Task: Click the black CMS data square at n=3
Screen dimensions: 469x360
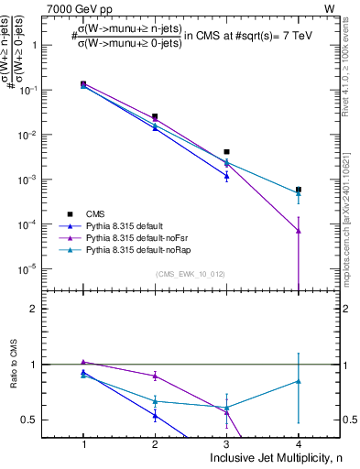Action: click(226, 152)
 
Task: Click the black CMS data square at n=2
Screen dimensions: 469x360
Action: click(155, 117)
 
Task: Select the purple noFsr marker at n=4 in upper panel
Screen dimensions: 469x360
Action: click(298, 231)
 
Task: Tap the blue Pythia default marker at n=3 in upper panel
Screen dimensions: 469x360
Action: click(226, 176)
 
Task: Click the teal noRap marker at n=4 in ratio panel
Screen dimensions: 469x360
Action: click(298, 381)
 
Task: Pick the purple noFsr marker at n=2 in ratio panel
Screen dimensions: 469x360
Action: click(155, 376)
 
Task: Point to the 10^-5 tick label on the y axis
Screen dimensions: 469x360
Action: click(48, 269)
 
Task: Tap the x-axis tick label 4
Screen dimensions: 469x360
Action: click(298, 442)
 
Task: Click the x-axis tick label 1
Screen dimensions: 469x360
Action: click(83, 442)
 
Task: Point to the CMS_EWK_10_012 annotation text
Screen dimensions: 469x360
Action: click(191, 274)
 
